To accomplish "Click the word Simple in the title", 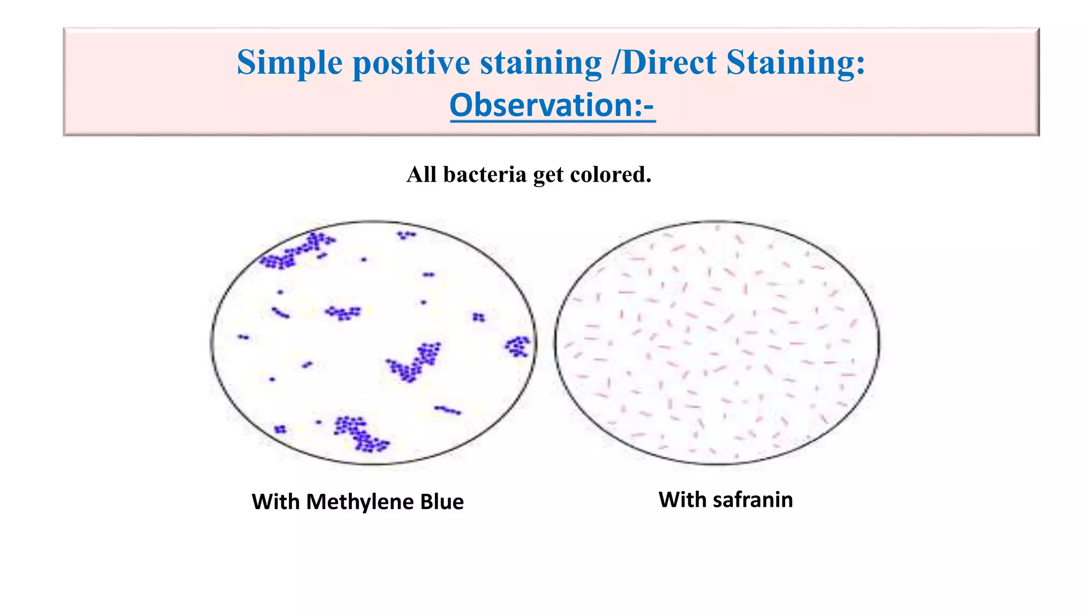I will [x=289, y=63].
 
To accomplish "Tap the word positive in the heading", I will [x=411, y=63].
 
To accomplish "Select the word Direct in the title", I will [x=669, y=63].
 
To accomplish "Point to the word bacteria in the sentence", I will [x=485, y=175].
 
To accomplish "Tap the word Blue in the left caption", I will [x=442, y=502].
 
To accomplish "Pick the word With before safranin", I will [x=682, y=500].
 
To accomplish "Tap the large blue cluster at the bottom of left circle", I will [x=361, y=433].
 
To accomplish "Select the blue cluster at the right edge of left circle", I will [x=518, y=346].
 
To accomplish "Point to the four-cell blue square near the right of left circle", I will [x=478, y=317].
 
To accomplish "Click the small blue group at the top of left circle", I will [x=406, y=234].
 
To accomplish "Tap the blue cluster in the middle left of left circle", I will [x=343, y=313].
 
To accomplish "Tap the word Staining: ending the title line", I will [x=796, y=63].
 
